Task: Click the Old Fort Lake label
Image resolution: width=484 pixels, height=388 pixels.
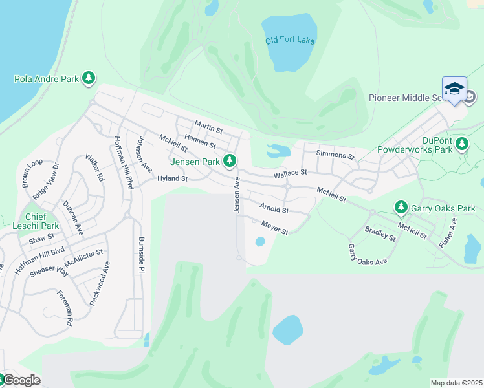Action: pos(290,41)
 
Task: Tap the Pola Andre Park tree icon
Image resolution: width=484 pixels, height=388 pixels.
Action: pos(89,79)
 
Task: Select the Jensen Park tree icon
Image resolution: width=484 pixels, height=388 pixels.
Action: pos(228,160)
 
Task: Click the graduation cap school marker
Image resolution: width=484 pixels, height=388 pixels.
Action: pos(454,89)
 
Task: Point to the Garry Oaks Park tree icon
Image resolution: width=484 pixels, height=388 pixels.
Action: pos(401,208)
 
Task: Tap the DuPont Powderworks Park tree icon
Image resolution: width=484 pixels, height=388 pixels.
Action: pos(461,143)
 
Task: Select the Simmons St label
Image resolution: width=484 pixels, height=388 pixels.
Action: pos(335,155)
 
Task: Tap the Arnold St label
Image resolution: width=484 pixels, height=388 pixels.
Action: pos(274,208)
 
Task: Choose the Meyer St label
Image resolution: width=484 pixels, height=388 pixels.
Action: pos(274,227)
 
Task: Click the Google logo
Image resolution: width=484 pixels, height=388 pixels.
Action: pos(21,380)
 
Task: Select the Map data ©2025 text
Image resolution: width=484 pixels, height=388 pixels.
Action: pos(456,383)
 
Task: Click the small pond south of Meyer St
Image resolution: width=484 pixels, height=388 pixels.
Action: pos(260,242)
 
